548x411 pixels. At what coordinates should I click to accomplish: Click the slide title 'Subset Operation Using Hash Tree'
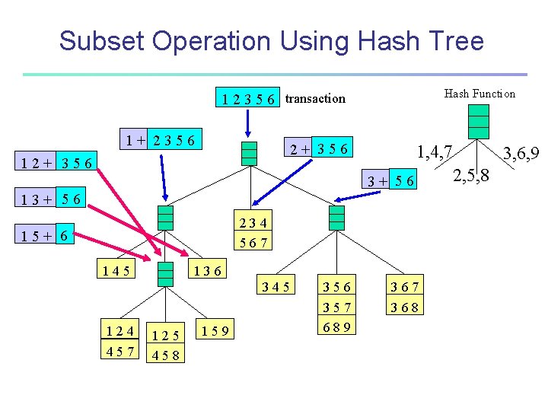pos(271,40)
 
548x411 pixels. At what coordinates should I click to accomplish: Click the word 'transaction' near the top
pos(315,98)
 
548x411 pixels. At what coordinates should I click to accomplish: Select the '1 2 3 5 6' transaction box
pos(248,99)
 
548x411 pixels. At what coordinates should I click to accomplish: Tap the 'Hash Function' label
pos(479,94)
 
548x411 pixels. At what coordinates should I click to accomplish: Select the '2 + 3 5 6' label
pos(316,149)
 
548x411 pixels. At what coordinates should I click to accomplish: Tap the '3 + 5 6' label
pos(390,180)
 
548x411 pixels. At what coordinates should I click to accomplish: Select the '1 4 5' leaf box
pos(115,269)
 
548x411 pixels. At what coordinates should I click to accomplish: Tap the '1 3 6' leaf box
pos(207,269)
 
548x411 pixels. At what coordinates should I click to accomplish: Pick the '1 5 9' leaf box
pos(216,330)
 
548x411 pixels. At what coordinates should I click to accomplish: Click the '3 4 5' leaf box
pos(275,286)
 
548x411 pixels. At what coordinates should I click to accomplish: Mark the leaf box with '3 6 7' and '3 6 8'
pos(405,297)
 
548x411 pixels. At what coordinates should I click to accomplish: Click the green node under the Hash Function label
pos(478,121)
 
